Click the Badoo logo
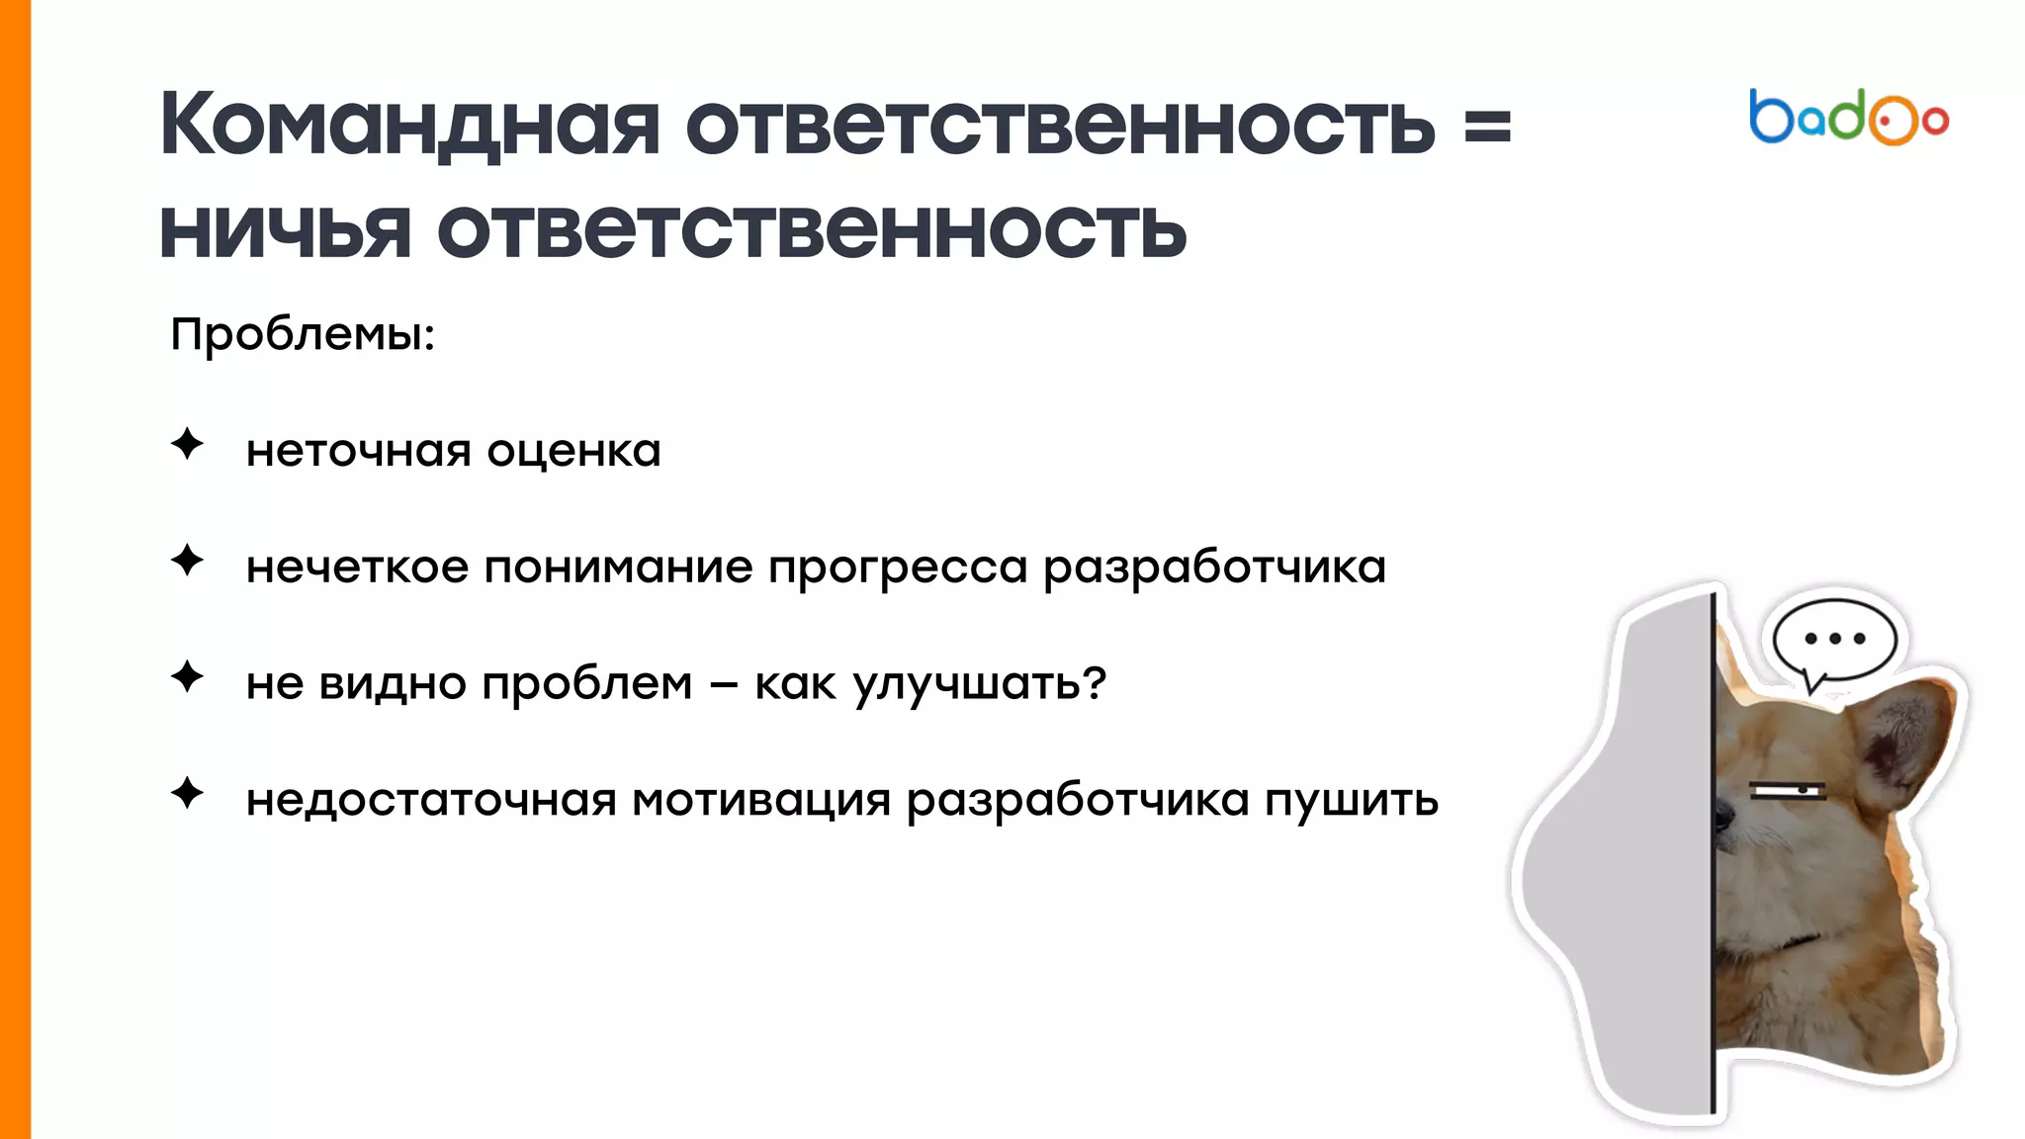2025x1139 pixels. coord(1848,118)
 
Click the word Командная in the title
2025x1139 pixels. coord(408,126)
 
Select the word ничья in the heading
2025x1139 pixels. coord(285,231)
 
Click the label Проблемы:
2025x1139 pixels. coord(303,334)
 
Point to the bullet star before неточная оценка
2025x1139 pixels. coord(187,444)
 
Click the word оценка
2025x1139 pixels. coord(573,452)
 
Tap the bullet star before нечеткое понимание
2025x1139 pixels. coord(187,561)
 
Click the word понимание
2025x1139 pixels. coord(618,569)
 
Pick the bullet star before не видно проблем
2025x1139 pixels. coord(187,677)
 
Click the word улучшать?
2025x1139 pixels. coord(979,684)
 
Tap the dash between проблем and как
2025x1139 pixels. coord(724,685)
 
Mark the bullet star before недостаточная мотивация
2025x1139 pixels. coord(187,793)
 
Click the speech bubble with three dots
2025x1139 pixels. coord(1835,639)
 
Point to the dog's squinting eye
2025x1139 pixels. coord(1788,790)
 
